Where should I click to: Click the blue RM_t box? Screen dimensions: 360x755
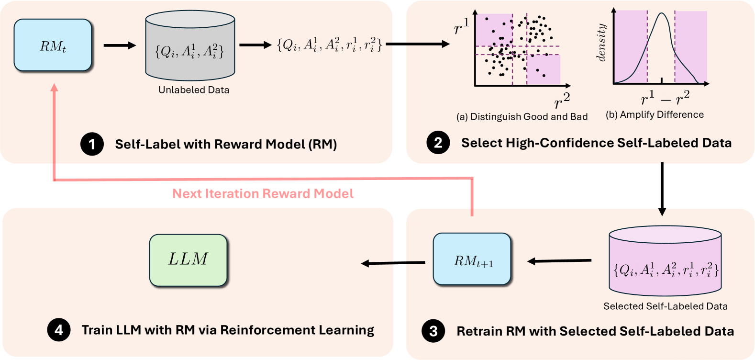[x=53, y=45]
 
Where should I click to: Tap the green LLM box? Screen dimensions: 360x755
[x=188, y=260]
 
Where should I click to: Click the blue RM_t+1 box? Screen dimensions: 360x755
[x=472, y=259]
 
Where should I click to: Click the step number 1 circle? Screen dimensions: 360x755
[x=92, y=144]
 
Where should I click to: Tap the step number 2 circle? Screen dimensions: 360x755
[x=438, y=143]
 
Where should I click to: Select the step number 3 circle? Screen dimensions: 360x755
[x=433, y=331]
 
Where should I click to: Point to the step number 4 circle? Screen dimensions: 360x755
[x=58, y=330]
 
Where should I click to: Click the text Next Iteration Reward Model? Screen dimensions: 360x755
[x=263, y=193]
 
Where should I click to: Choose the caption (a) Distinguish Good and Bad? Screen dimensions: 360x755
[x=522, y=117]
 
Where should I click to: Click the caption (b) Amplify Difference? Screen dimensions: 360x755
[x=655, y=114]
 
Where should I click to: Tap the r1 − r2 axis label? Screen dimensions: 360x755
[x=665, y=98]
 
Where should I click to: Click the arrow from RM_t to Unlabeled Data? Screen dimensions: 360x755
[x=120, y=45]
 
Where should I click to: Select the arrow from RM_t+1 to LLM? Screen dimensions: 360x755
[x=392, y=263]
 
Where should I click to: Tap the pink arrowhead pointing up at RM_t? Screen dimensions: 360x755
[x=54, y=88]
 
